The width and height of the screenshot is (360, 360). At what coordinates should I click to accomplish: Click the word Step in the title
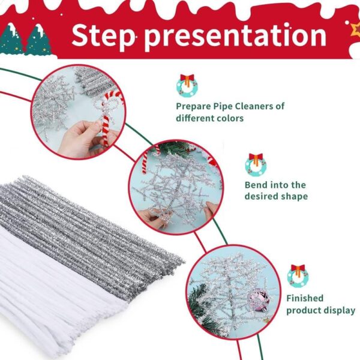[x=104, y=35]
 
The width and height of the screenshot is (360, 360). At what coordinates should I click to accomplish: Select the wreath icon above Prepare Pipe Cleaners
[x=187, y=85]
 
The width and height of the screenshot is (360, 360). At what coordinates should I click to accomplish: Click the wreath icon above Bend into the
[x=256, y=163]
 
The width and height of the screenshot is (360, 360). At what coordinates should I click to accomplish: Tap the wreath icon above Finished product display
[x=298, y=275]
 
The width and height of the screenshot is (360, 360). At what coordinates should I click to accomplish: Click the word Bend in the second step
[x=256, y=185]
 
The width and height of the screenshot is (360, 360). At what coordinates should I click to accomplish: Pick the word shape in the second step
[x=294, y=196]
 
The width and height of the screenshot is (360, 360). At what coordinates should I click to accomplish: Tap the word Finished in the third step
[x=305, y=298]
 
